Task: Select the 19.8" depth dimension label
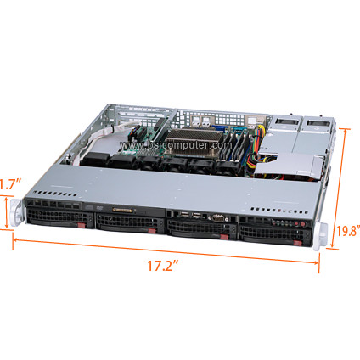pos(348,230)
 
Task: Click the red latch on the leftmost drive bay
pos(82,226)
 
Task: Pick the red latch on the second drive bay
pos(152,231)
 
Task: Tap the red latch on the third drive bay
pos(224,237)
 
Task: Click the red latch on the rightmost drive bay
pos(297,244)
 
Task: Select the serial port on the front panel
pos(217,217)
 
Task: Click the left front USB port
pos(184,215)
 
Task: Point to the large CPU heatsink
pos(194,141)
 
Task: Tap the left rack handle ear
pos(16,212)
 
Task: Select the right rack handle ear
pos(321,237)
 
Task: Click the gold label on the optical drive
pos(122,210)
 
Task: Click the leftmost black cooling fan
pos(95,159)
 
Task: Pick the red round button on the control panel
pos(303,224)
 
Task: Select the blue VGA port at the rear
pos(218,129)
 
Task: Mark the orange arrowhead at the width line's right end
pos(316,262)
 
